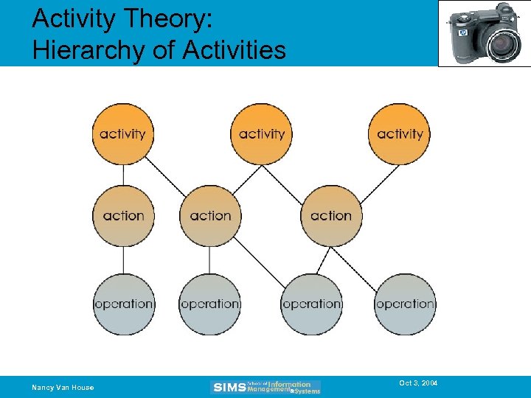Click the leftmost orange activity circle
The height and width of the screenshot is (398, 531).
tap(122, 134)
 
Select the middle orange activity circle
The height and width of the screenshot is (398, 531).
tap(261, 134)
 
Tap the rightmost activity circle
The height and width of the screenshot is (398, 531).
tap(400, 134)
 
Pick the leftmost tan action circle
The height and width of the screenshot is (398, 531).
tap(123, 216)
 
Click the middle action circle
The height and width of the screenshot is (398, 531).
tap(210, 216)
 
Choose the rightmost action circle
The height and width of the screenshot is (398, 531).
tap(331, 216)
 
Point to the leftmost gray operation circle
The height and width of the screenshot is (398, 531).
tap(123, 304)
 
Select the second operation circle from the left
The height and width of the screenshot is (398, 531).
tap(210, 304)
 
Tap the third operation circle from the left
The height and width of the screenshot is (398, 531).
tap(311, 304)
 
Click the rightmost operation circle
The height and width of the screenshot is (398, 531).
tap(405, 304)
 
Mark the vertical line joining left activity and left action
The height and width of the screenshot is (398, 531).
tap(123, 175)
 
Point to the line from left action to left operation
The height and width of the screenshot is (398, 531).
tap(123, 259)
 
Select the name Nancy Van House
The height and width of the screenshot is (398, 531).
tap(63, 388)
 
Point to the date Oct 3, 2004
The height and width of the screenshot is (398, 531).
tap(418, 383)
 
